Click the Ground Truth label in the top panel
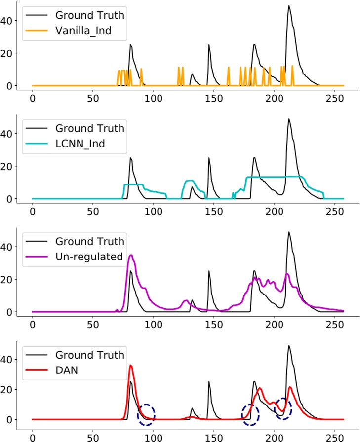[90, 16]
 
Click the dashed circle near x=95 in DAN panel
[146, 415]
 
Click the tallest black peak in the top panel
[289, 6]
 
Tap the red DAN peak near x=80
[130, 366]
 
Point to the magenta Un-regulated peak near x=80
[130, 256]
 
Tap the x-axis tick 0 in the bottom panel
[32, 437]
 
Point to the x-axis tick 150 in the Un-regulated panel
[214, 324]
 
